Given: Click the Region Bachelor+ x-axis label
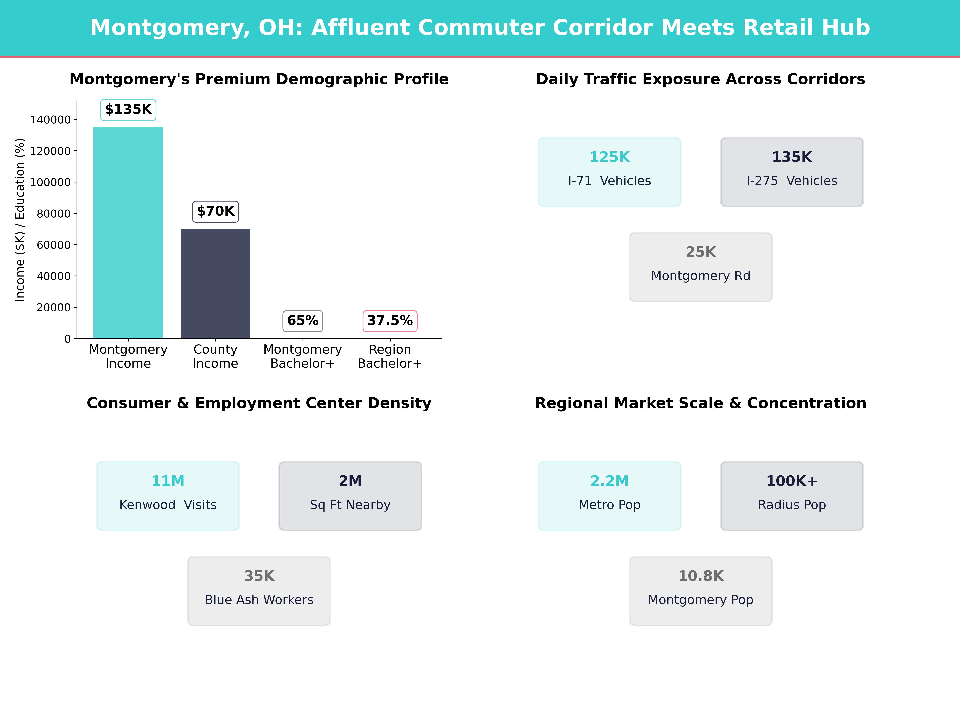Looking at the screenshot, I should tap(390, 356).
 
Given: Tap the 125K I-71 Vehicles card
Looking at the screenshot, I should tap(609, 172).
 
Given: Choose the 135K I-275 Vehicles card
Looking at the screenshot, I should tap(792, 172).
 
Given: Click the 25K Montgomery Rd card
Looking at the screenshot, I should tap(700, 267).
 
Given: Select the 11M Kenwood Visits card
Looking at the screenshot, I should tap(168, 496).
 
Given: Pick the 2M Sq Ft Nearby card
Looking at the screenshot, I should tap(350, 496).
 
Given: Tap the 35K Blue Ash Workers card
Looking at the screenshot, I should tap(259, 591).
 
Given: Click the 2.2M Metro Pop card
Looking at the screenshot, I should tap(609, 496).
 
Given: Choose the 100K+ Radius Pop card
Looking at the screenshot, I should tap(792, 496).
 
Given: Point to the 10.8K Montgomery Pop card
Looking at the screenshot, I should tap(700, 591).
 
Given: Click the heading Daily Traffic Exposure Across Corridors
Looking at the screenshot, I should tap(700, 79).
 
